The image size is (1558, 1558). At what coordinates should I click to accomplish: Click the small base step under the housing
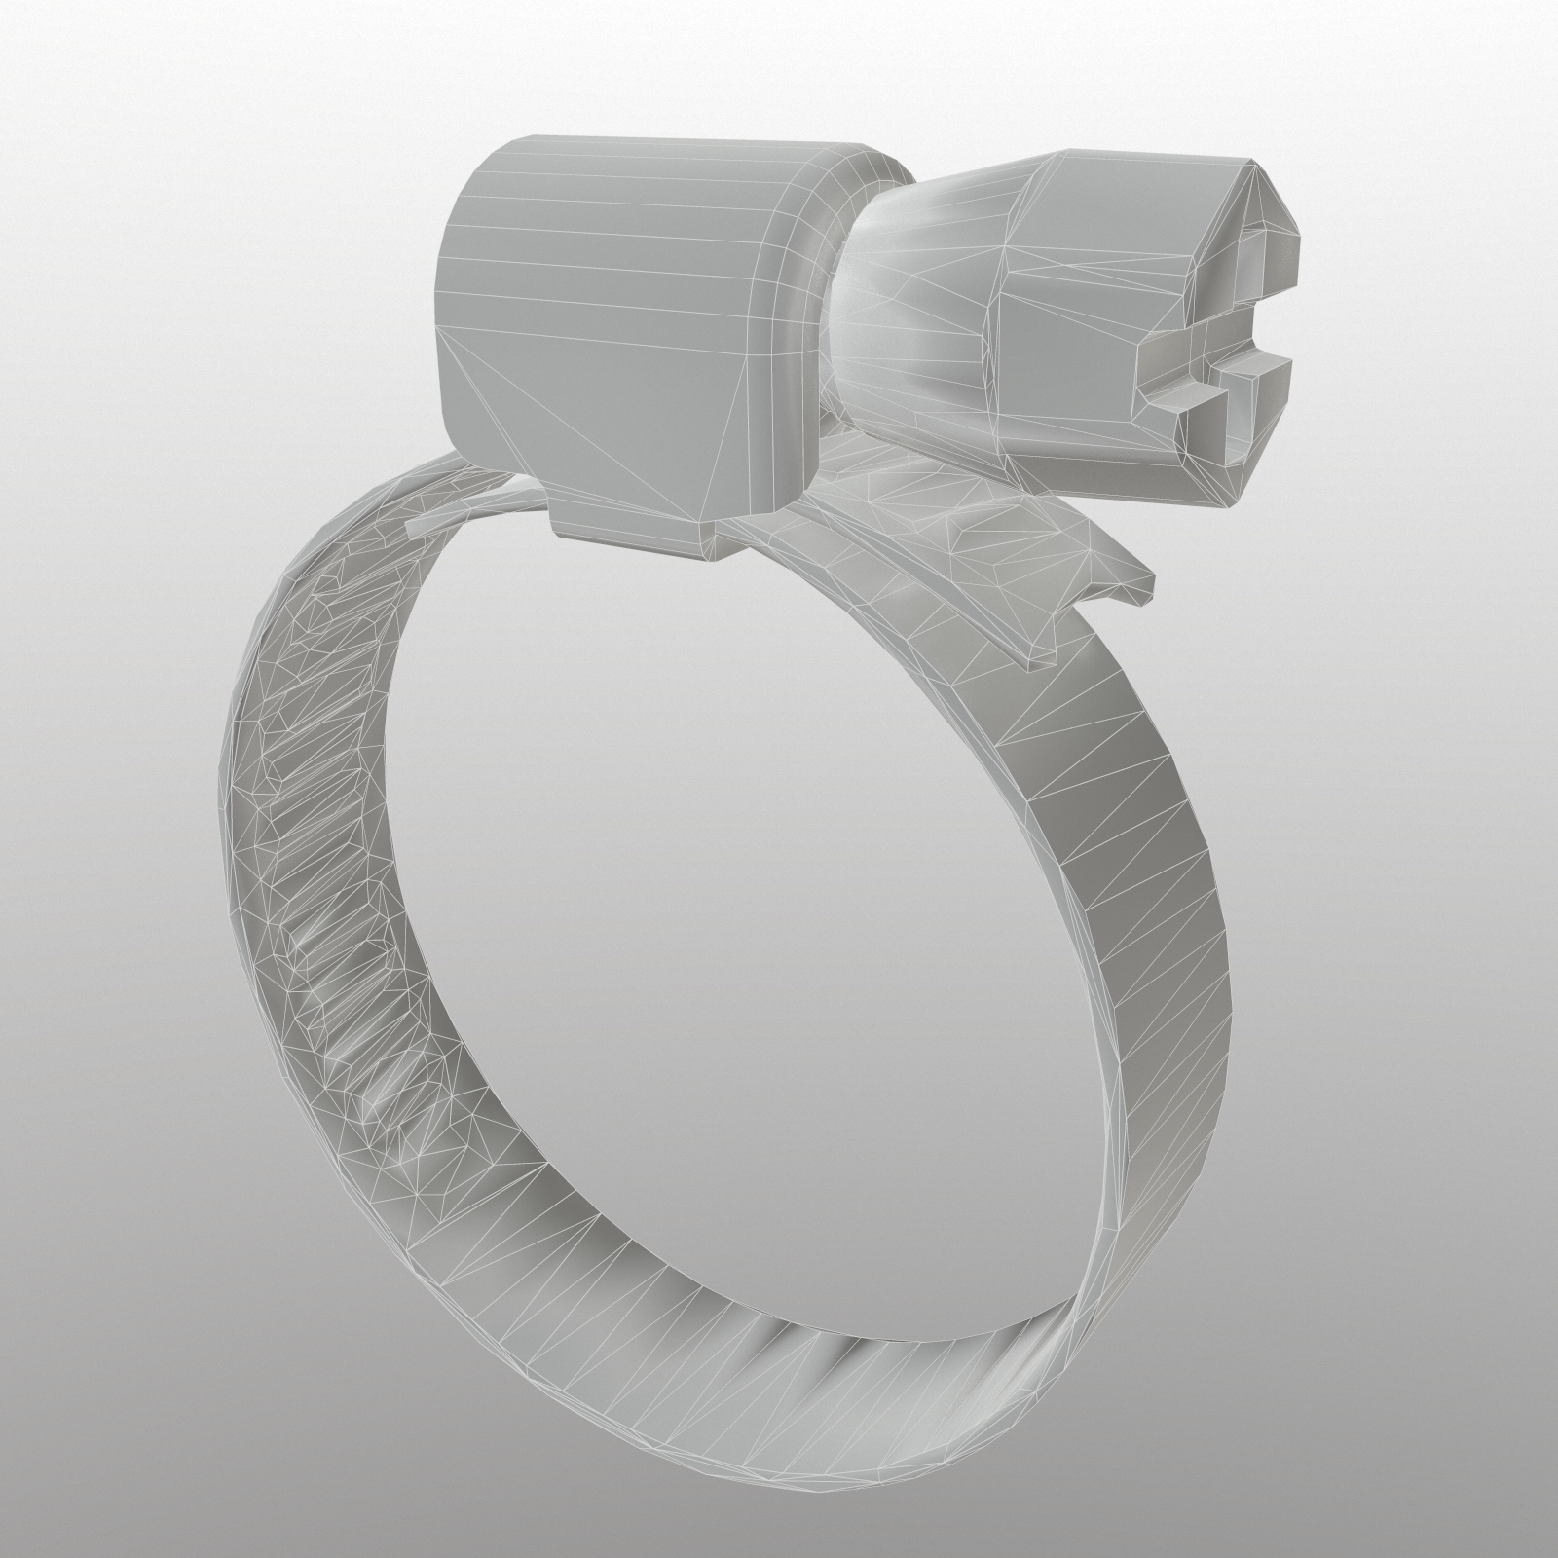click(x=633, y=540)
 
